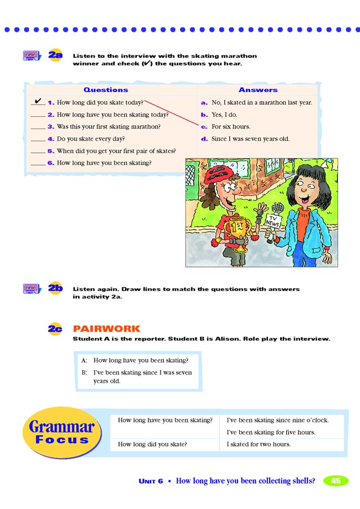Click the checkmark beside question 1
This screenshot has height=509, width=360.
tap(38, 101)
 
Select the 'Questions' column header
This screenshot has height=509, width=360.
tap(106, 90)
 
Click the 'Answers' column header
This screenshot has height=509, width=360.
tap(258, 90)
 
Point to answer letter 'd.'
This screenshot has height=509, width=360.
tap(204, 139)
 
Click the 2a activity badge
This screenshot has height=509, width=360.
tap(55, 55)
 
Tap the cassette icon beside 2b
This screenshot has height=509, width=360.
tap(32, 289)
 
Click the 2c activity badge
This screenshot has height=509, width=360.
tap(55, 328)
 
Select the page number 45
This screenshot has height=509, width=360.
tap(336, 481)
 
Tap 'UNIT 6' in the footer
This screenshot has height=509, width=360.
tap(151, 481)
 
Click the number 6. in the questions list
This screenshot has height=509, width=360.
tap(51, 163)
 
